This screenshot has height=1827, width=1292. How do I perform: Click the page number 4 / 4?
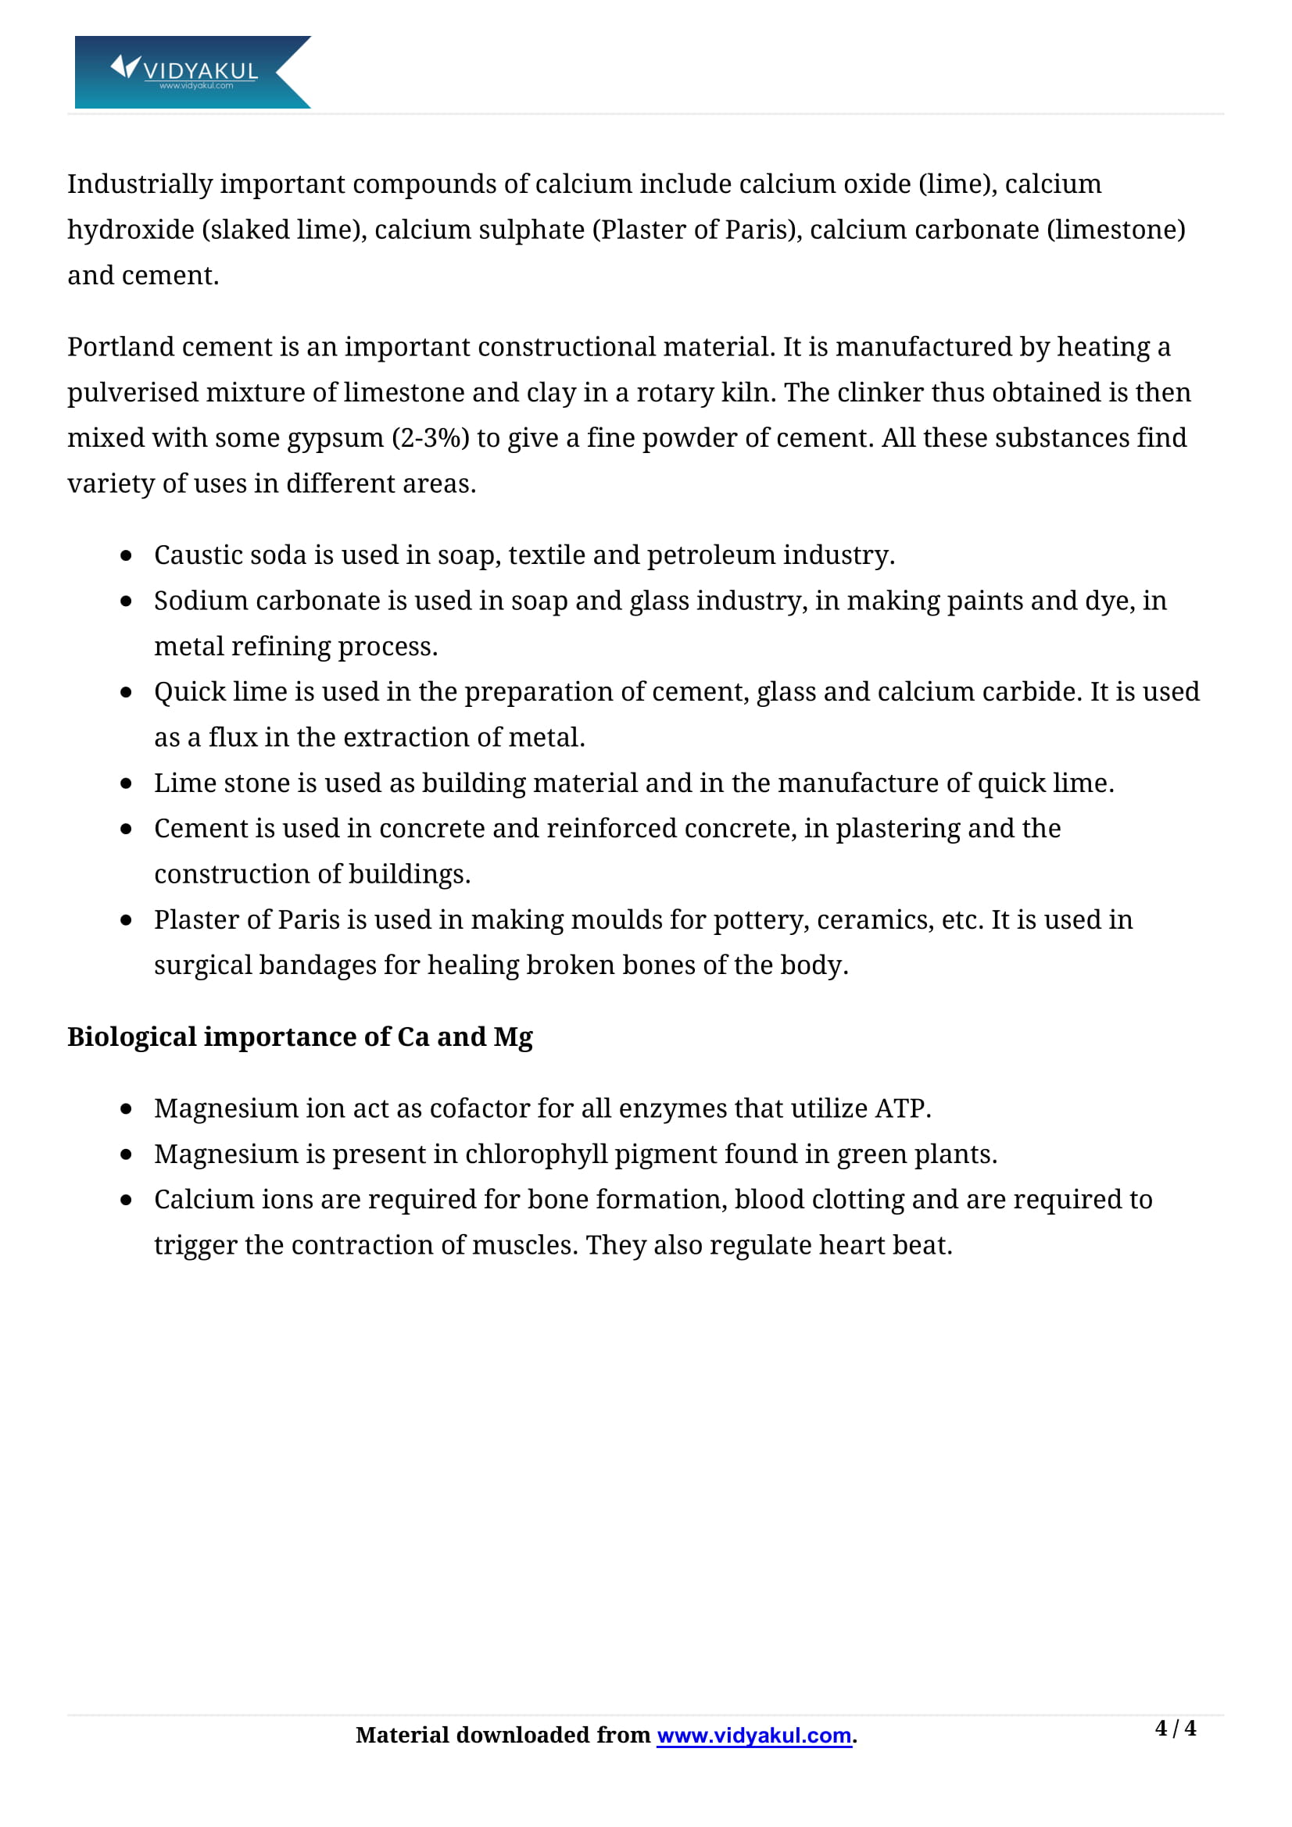(x=1174, y=1728)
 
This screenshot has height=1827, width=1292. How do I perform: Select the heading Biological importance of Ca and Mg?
(x=299, y=1037)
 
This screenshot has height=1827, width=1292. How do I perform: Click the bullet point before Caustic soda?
(x=126, y=555)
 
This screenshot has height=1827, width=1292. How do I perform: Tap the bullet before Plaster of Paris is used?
(x=126, y=920)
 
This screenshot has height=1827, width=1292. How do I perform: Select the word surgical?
(x=203, y=965)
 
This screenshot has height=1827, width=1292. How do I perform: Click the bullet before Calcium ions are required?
(x=126, y=1200)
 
